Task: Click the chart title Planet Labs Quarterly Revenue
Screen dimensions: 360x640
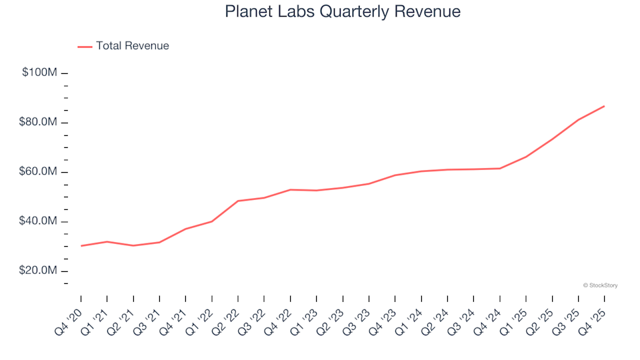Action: pos(343,12)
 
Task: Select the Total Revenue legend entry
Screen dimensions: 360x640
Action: pos(132,46)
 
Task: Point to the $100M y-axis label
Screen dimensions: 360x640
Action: pos(39,72)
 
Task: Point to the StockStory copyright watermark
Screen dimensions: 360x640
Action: pos(600,285)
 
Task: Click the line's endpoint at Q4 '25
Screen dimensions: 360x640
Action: pos(604,106)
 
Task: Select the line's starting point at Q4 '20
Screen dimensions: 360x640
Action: pos(81,246)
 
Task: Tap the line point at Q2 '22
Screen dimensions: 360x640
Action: pos(238,201)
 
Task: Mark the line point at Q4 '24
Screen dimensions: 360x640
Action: pos(499,168)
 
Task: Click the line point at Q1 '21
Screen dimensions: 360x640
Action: pos(107,241)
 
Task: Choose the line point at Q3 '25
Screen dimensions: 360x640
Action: pos(578,120)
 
